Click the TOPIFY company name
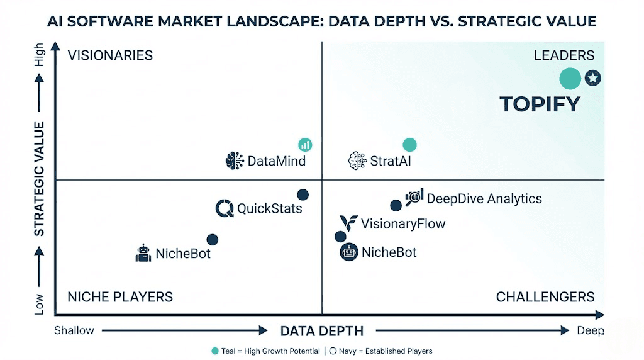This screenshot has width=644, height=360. coord(540,104)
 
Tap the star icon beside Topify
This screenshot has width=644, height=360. coord(592,78)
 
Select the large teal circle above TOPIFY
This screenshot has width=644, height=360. coord(570,79)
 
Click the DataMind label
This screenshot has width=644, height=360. coord(277,161)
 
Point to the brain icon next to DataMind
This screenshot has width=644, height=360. coord(235,160)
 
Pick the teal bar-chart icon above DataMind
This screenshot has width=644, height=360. coord(305,144)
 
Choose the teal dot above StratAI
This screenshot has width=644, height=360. coord(409,145)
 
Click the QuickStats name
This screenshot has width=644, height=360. coord(269,208)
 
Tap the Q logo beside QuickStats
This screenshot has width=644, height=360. coord(225,208)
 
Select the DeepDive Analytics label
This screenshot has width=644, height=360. coord(484,199)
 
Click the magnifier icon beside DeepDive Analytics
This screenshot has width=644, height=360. coord(414,198)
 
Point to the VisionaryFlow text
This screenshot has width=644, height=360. coord(403,223)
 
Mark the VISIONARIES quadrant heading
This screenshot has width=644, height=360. coord(110,55)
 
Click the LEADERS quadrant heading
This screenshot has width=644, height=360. coord(564,55)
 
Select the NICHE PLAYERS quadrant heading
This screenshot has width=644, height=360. coord(119,297)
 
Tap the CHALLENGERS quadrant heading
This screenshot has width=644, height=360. coord(545,297)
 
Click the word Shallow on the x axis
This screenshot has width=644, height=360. coord(74,330)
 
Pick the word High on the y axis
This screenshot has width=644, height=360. coord(40,55)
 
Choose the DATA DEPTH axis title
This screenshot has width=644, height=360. coord(322,331)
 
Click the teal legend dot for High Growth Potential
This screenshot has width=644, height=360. coord(215,351)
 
